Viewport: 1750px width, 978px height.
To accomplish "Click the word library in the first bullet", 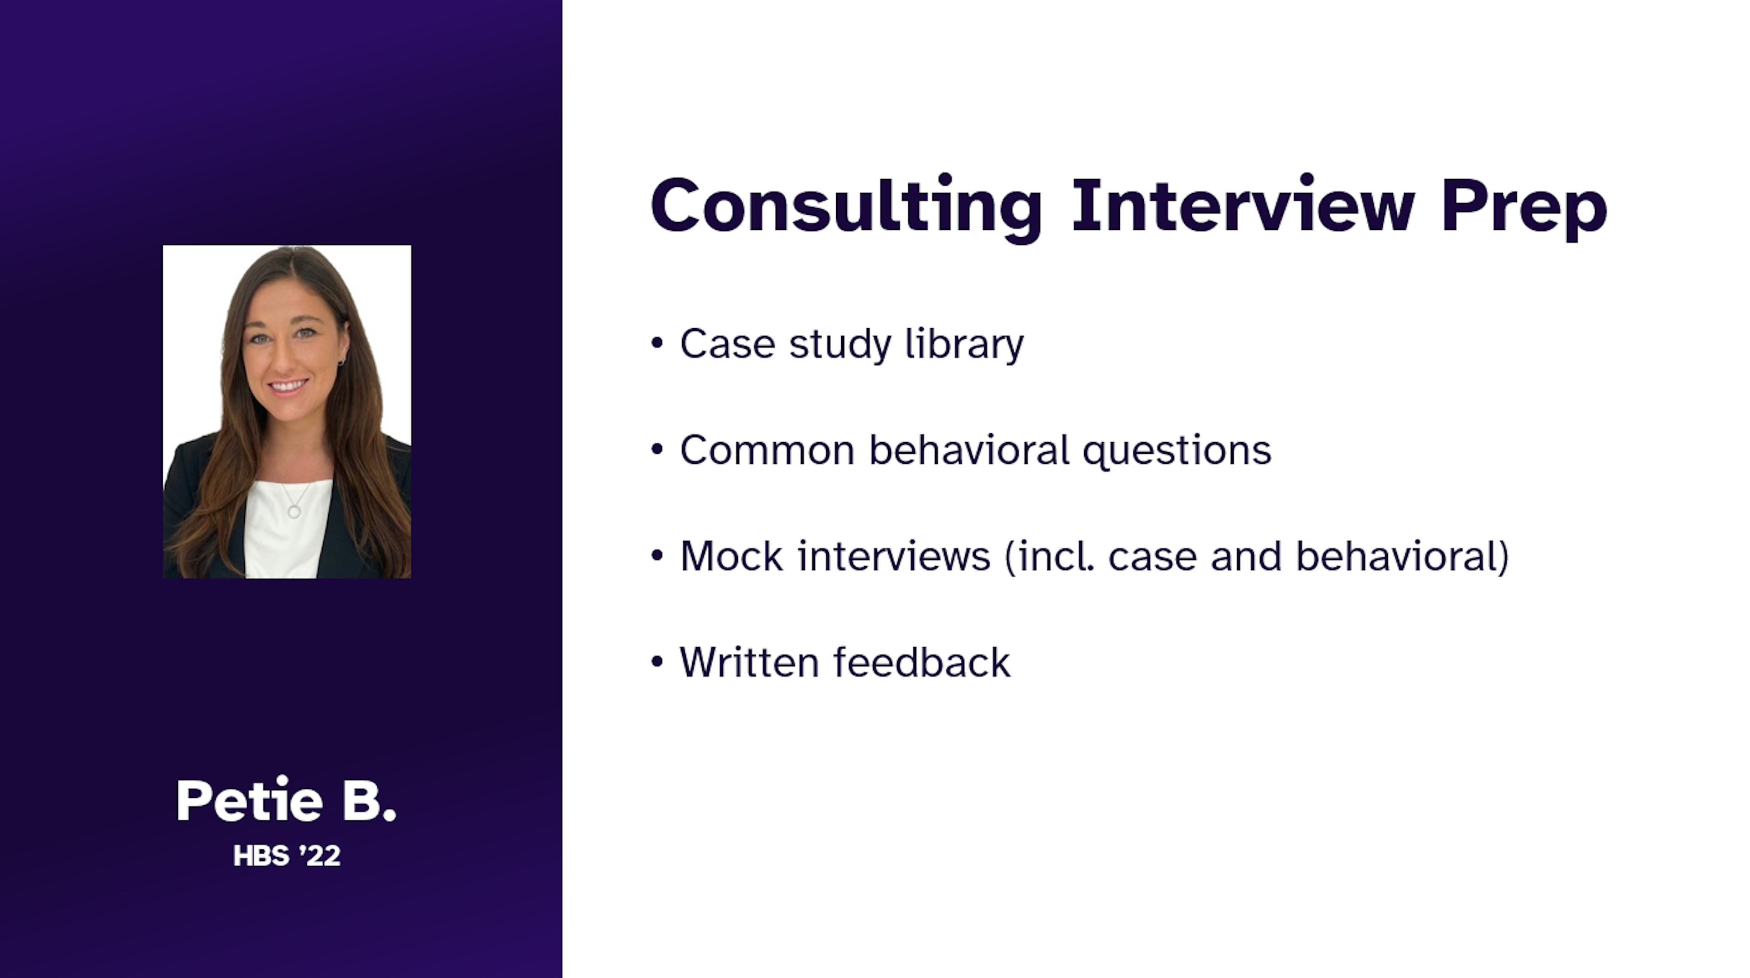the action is [x=965, y=345].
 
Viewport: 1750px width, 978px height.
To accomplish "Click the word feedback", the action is [x=922, y=662].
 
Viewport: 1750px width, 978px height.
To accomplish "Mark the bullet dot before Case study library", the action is [x=656, y=343].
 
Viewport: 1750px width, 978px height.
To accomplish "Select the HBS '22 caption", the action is [x=287, y=856].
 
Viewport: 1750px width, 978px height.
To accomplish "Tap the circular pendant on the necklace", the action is [x=294, y=510].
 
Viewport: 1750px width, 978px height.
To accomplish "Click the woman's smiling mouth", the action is [x=289, y=386].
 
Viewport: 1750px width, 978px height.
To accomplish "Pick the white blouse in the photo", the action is [x=287, y=527].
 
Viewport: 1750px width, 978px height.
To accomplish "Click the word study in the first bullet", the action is [x=839, y=345].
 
